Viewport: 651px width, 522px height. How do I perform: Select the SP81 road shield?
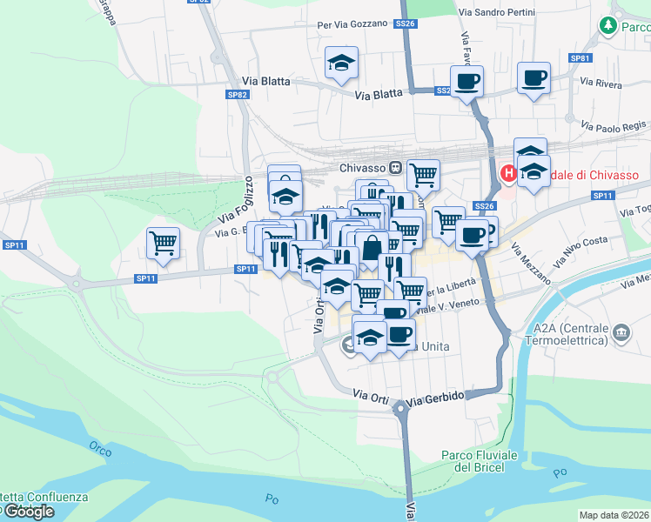tap(581, 57)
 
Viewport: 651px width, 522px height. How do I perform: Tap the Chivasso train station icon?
tap(395, 168)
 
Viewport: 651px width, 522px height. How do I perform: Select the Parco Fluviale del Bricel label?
tap(480, 461)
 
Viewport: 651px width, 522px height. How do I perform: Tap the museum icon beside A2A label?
tap(622, 332)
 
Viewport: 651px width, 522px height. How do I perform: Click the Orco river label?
tap(100, 449)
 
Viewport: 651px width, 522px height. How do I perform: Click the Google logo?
tap(28, 512)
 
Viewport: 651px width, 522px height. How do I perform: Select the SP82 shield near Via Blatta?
tap(237, 94)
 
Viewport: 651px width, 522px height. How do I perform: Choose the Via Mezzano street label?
tap(532, 264)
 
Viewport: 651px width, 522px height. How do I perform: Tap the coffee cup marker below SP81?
tap(533, 78)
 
